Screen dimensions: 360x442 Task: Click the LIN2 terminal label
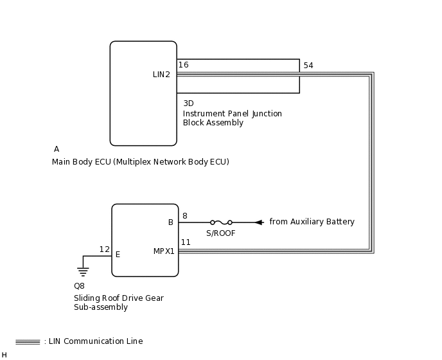click(161, 75)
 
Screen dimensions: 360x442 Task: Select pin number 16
click(184, 65)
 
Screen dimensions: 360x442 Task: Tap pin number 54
click(308, 66)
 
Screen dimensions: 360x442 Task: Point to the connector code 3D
click(188, 103)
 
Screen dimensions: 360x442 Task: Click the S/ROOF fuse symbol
click(221, 222)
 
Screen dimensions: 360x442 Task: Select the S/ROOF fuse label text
click(220, 233)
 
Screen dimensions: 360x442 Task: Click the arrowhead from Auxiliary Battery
click(259, 222)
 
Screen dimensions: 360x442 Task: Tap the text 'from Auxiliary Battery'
click(312, 222)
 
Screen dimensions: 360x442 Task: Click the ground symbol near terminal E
click(83, 271)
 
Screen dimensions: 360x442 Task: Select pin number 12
click(104, 249)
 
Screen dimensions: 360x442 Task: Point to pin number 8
click(185, 216)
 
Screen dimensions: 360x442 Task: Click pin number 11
click(186, 242)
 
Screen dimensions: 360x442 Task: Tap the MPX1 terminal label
click(164, 251)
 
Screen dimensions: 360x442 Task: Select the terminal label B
click(171, 222)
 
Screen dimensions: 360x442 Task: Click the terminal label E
click(118, 255)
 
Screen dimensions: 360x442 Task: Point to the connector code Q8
click(79, 286)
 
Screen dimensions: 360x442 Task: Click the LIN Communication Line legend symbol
click(28, 342)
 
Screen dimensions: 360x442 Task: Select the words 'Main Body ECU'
click(81, 162)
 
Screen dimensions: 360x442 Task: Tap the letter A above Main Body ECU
click(57, 149)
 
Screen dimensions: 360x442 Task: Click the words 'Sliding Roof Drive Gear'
click(119, 298)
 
